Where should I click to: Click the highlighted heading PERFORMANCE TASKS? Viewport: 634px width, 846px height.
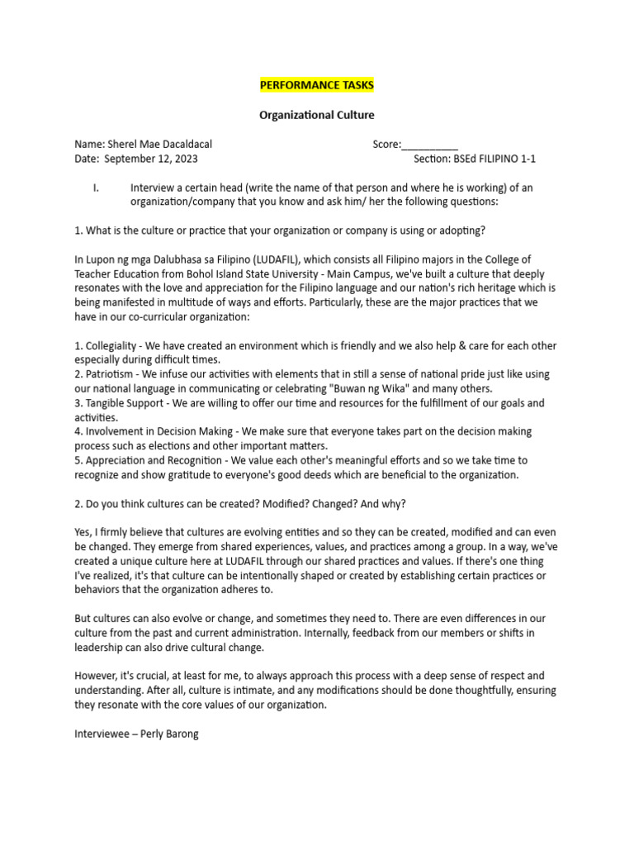pos(317,85)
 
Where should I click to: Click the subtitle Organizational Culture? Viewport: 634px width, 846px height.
pos(317,115)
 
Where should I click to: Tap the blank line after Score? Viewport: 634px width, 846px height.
pos(430,145)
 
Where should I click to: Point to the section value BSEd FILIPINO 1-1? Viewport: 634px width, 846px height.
pos(492,159)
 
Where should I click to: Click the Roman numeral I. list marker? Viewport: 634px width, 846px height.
pos(97,188)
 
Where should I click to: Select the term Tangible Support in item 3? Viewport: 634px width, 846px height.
pos(127,403)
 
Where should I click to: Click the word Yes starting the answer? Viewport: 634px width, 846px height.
pos(83,532)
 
